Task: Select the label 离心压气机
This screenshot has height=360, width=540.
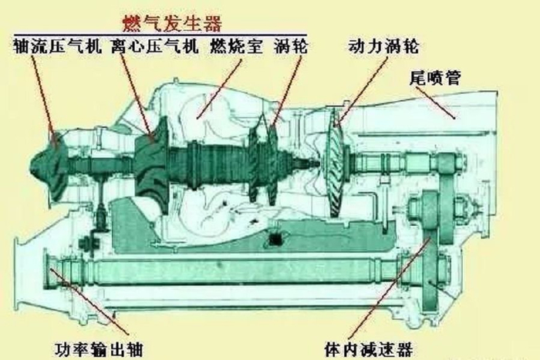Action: point(154,46)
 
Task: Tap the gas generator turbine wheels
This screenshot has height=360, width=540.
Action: point(265,162)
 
